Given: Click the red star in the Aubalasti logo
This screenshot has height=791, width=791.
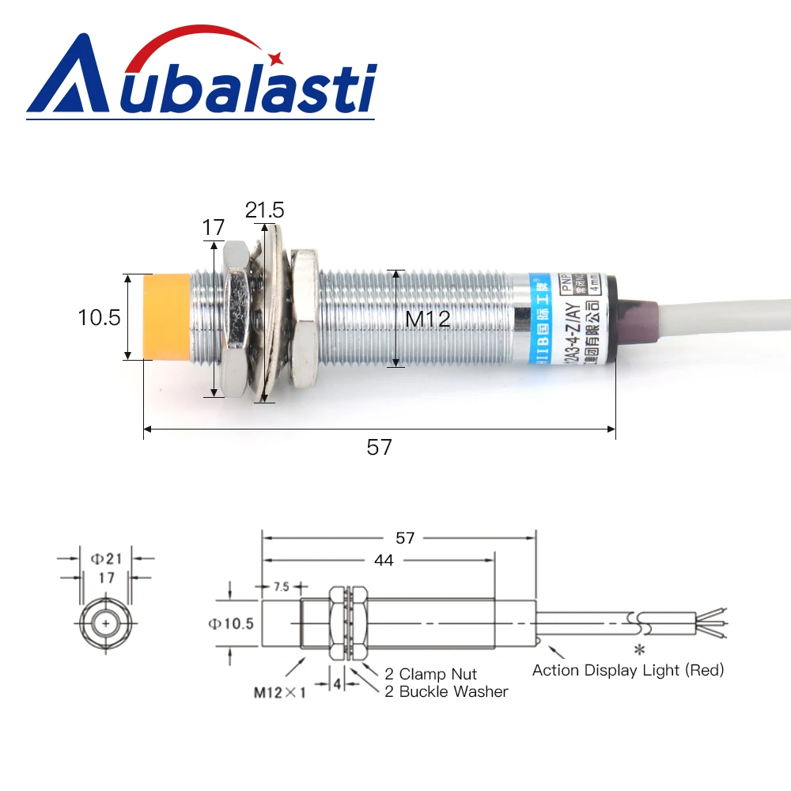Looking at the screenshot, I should point(276,58).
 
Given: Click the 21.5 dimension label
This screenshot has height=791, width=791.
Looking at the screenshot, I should point(264,210).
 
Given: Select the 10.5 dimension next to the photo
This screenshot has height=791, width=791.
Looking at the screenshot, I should point(99,318).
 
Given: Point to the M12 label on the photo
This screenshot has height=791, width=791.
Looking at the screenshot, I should point(428,320).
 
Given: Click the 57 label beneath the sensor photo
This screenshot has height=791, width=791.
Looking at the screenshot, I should point(380,447).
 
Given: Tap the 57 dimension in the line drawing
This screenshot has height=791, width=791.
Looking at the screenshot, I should point(405,538).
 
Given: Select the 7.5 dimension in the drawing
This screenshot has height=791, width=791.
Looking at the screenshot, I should point(280,587).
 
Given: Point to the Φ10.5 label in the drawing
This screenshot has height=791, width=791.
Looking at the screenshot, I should point(231,624).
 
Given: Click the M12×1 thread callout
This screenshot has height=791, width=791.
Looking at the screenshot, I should point(279,693).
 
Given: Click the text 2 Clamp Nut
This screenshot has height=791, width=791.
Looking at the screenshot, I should point(431,674).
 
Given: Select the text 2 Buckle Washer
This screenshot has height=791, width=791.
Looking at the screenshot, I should point(447,691).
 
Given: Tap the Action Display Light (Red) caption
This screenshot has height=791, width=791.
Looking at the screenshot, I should point(628,671).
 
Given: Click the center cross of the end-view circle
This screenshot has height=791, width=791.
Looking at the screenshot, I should point(106,624).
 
